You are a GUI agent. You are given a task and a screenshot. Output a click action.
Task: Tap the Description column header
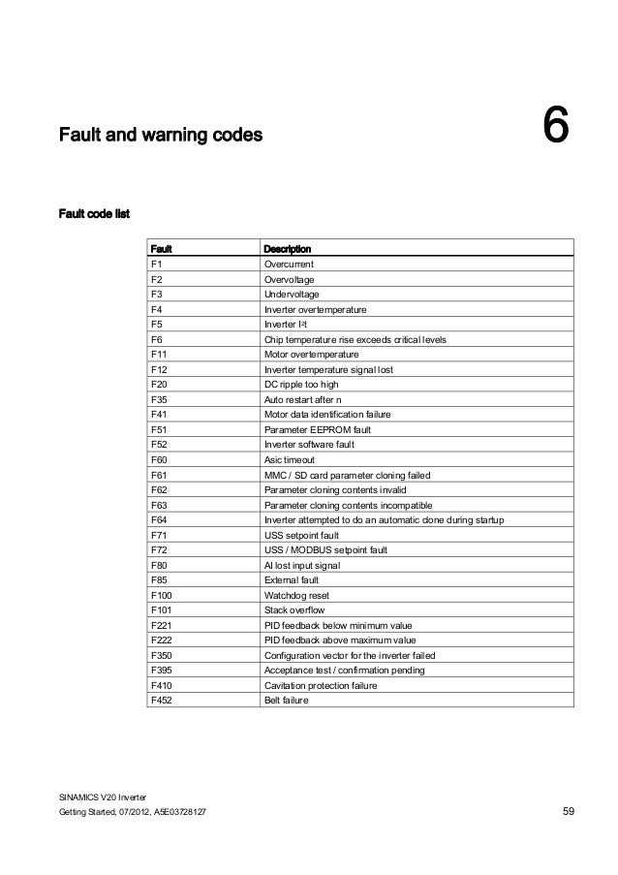coord(288,249)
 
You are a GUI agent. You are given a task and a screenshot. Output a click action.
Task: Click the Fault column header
coord(161,249)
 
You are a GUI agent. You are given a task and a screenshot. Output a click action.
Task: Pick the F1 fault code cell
coord(156,265)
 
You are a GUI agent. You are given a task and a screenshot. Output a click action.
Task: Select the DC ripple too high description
coord(302,385)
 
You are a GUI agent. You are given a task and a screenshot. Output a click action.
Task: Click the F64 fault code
coord(159,520)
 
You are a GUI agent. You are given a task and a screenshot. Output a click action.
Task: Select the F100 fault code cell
coord(162,595)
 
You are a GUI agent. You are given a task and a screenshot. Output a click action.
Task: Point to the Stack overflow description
coord(294,610)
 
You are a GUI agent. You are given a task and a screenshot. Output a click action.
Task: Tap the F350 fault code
coord(162,655)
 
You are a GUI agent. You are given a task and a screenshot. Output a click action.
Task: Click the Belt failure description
coord(286,700)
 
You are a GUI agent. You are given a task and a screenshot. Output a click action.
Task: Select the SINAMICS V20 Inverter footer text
coord(103,796)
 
